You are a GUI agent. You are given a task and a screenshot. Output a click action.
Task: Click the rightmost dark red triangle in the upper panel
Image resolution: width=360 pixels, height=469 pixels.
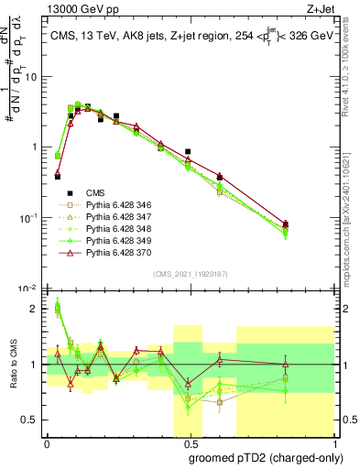pos(286,224)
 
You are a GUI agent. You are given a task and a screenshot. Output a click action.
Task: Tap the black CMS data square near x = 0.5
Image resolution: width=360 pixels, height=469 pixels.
pos(188,151)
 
